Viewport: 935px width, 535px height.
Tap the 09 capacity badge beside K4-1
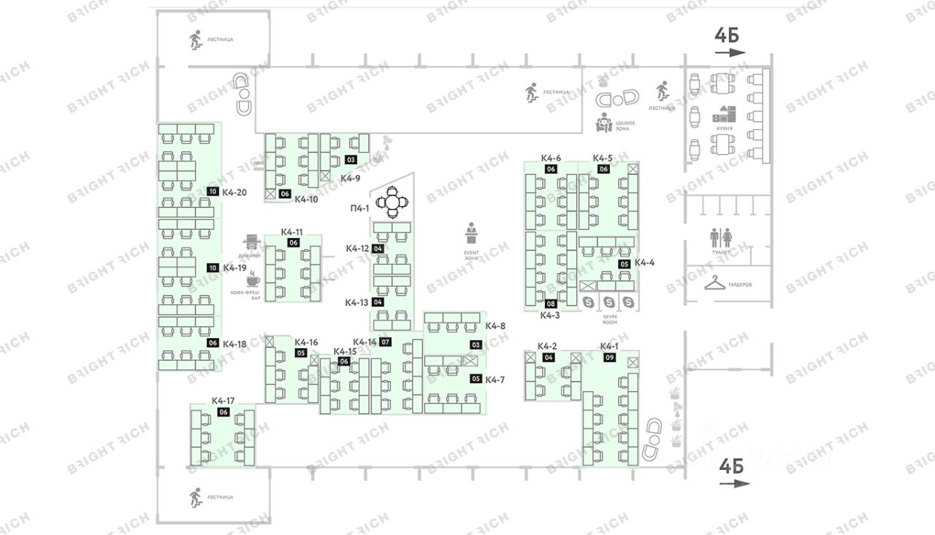pos(609,358)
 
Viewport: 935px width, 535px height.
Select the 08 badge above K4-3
pos(550,304)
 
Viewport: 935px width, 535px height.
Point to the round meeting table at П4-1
pos(392,201)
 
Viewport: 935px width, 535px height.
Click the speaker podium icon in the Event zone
pos(471,234)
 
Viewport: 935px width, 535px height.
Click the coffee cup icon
pos(252,280)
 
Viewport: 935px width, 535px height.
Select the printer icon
pos(252,241)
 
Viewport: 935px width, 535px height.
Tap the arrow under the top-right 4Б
pos(730,53)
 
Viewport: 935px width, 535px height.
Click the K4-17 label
pos(223,401)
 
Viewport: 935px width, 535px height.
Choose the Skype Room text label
pos(609,318)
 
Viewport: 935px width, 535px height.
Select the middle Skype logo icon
pos(608,302)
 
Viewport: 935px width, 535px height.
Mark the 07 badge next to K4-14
pos(386,342)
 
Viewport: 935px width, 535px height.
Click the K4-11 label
pos(292,232)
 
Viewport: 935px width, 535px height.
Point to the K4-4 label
pos(645,263)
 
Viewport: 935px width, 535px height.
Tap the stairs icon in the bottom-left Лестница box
pos(195,497)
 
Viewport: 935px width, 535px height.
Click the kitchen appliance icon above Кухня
pos(725,115)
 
